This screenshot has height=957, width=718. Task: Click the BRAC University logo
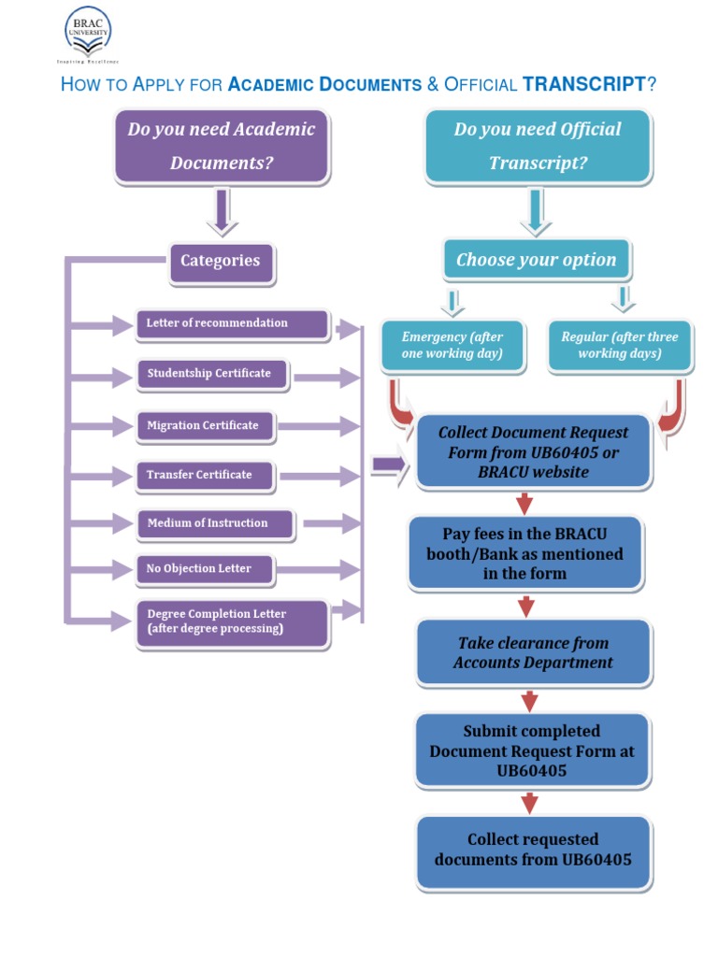click(x=87, y=35)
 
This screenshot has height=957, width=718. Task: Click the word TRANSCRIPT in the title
click(x=583, y=85)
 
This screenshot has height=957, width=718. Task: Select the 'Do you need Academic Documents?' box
click(x=222, y=146)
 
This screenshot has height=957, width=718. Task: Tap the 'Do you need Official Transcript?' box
click(x=538, y=146)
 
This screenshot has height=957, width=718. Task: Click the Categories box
click(x=221, y=262)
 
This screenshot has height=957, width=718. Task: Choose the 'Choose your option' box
click(x=537, y=260)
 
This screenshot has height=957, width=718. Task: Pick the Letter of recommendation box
click(x=232, y=323)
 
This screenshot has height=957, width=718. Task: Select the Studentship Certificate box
click(x=211, y=374)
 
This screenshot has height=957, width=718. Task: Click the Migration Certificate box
click(x=204, y=426)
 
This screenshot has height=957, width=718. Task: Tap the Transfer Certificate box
click(x=205, y=476)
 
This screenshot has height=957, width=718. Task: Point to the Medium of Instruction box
click(x=214, y=523)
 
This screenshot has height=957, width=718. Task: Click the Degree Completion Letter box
click(x=232, y=622)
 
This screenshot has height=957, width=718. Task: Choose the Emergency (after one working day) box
click(x=452, y=346)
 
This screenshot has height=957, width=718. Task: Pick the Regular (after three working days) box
click(x=619, y=346)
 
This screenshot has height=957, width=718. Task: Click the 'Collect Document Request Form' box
click(x=533, y=452)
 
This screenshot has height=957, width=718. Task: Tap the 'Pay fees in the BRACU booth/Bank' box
click(x=525, y=553)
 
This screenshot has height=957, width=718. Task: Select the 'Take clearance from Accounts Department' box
click(x=533, y=652)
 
